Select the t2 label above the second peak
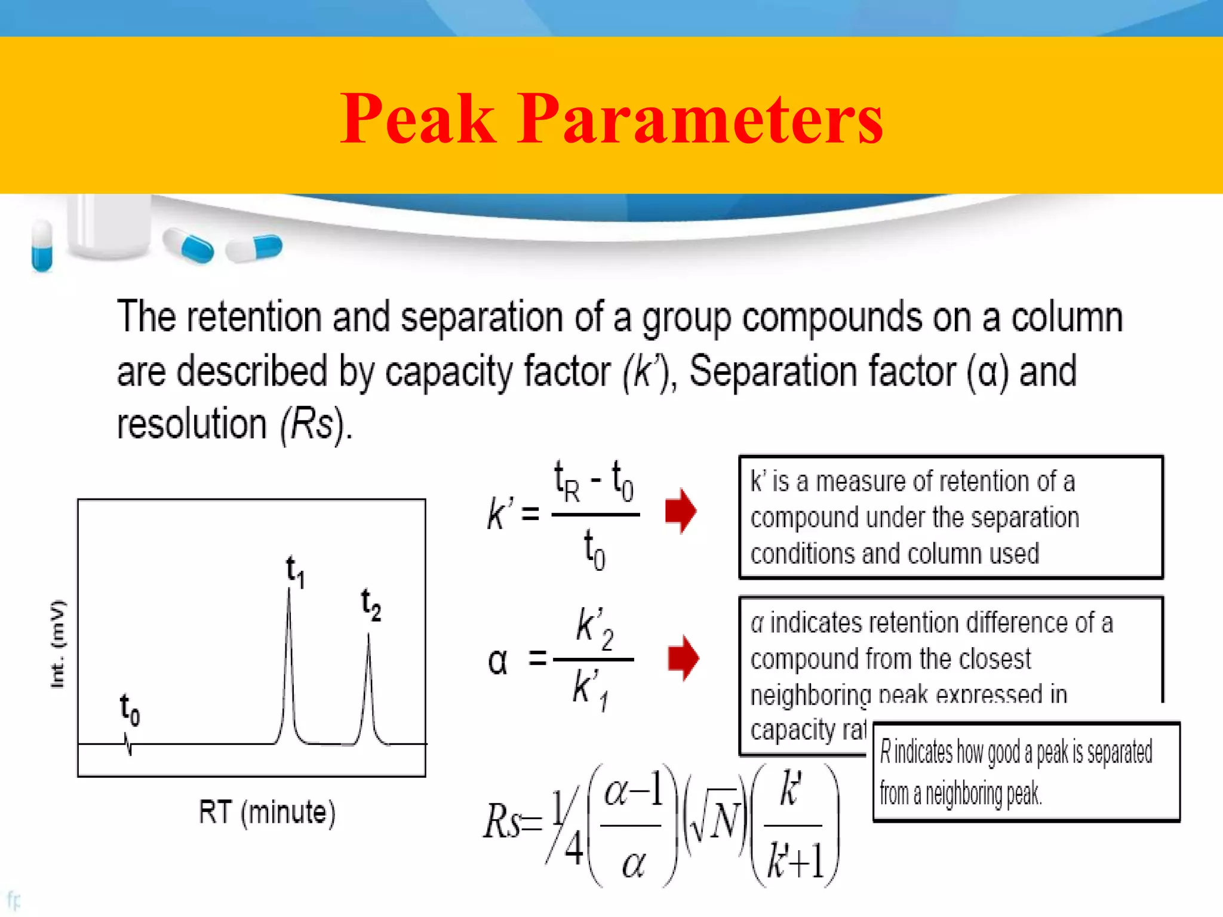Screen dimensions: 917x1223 [371, 604]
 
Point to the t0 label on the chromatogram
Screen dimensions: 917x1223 [130, 709]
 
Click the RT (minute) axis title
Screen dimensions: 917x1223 [267, 813]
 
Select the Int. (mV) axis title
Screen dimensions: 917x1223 [58, 644]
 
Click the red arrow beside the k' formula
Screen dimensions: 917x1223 [681, 511]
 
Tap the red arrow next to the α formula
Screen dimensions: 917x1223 [683, 658]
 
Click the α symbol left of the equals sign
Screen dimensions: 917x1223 [497, 661]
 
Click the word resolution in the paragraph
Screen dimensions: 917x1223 [191, 424]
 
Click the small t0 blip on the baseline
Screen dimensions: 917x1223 [128, 745]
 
